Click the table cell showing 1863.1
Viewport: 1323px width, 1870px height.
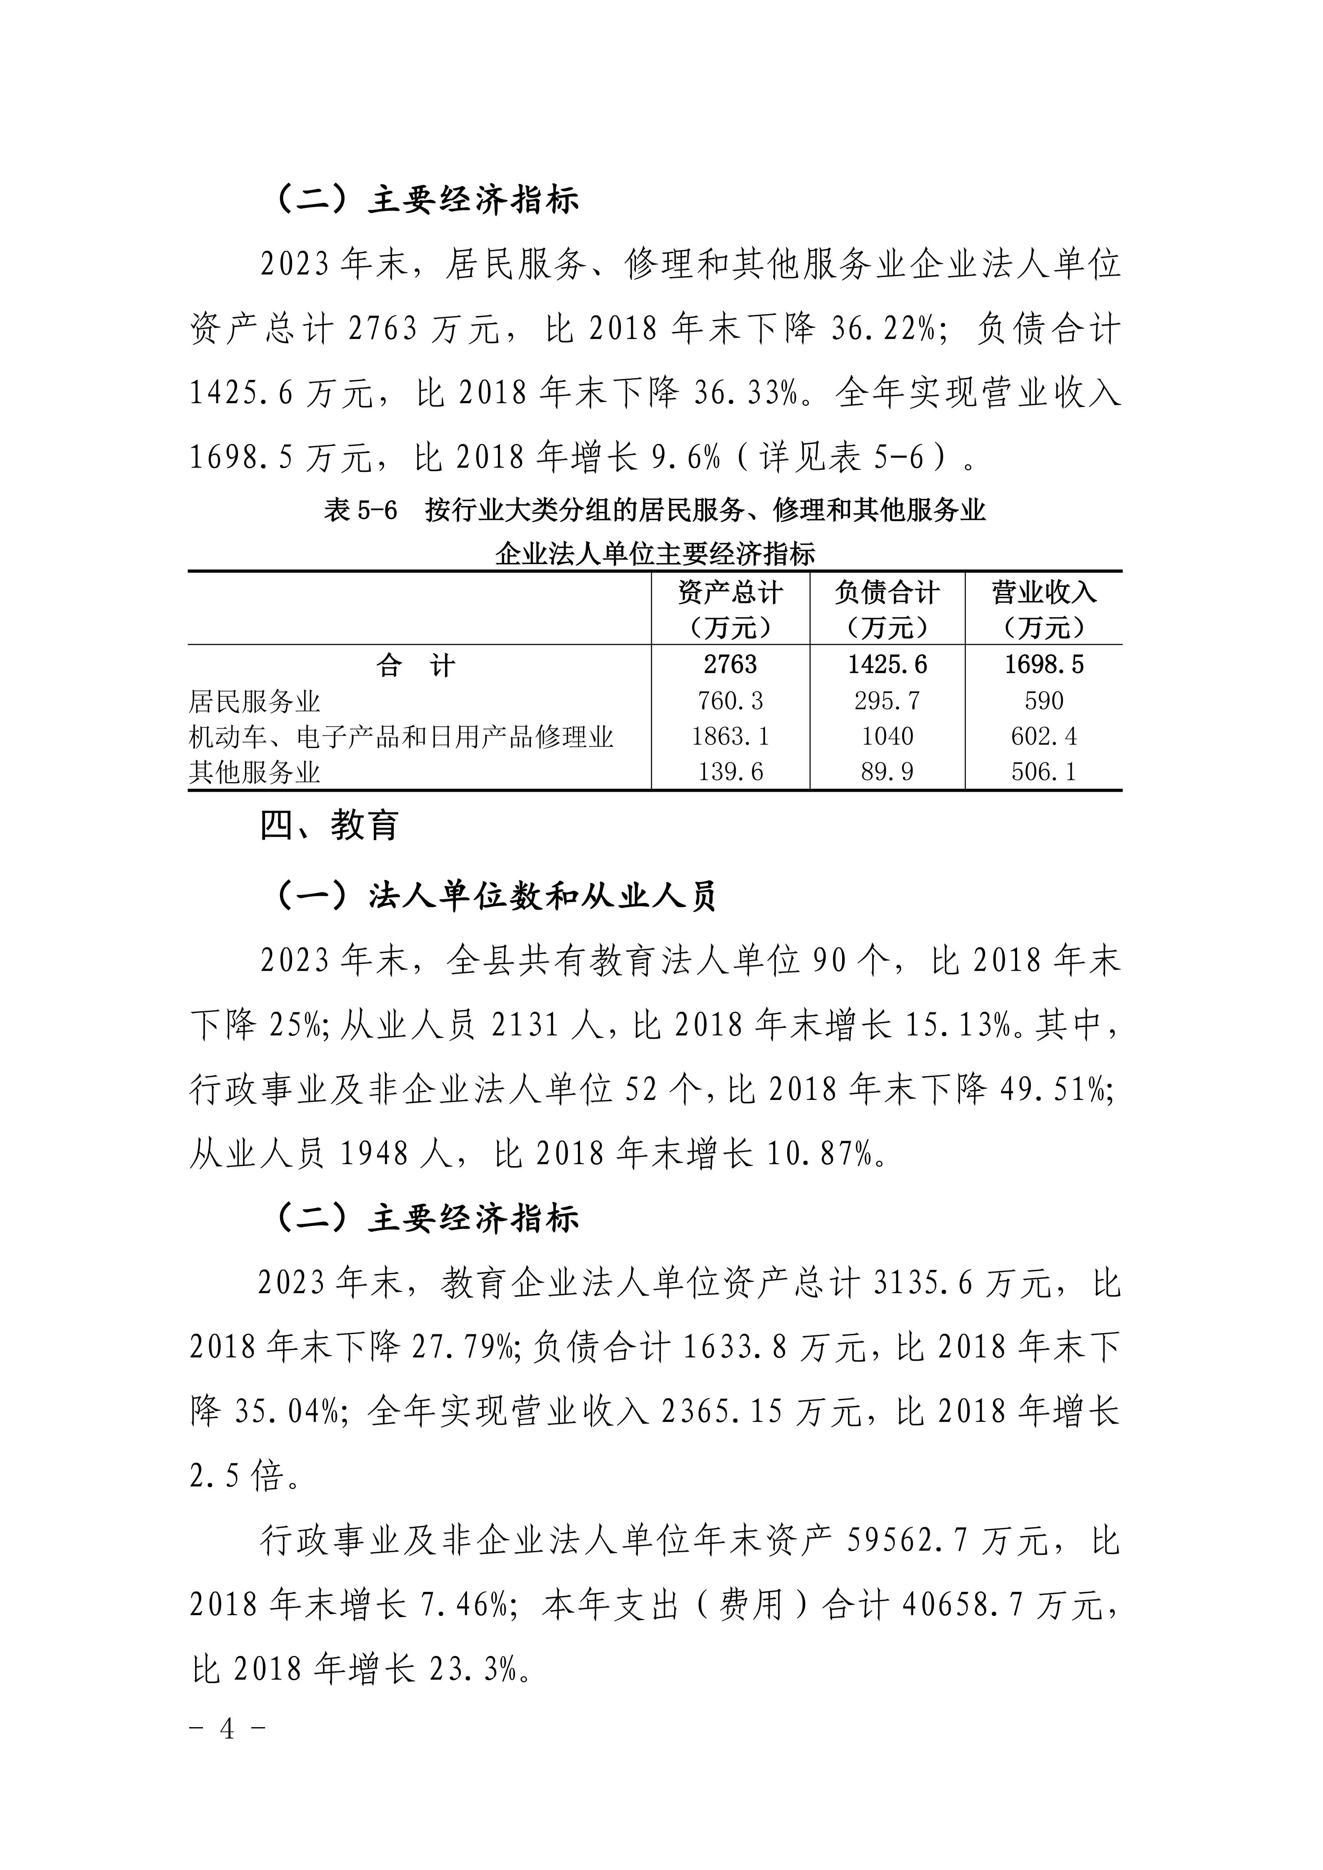click(730, 736)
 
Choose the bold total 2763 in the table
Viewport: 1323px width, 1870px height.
click(730, 666)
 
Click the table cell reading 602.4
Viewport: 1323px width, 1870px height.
click(1043, 736)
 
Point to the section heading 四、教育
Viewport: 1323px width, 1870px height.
click(329, 825)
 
